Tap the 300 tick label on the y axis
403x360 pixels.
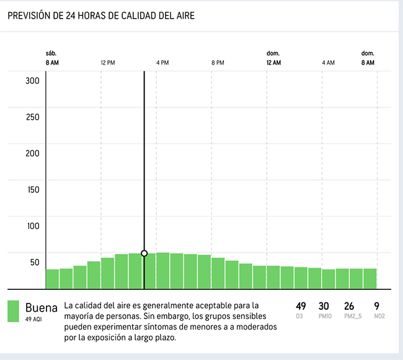point(32,81)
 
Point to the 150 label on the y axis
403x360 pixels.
point(32,189)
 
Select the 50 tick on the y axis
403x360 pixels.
point(35,262)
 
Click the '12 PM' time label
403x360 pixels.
point(107,63)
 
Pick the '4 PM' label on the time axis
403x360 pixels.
point(162,63)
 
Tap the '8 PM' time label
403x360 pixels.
point(218,63)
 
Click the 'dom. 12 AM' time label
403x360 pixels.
point(273,58)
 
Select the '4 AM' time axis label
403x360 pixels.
point(328,63)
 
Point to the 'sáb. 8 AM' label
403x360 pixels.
point(52,58)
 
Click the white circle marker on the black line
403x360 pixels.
point(144,253)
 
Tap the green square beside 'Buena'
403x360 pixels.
point(13,312)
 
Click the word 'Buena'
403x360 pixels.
point(41,308)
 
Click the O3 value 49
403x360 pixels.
point(301,306)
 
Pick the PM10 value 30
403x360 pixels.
point(324,306)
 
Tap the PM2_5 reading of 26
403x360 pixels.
point(350,306)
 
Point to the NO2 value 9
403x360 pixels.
point(376,306)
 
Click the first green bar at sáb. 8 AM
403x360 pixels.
point(52,279)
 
